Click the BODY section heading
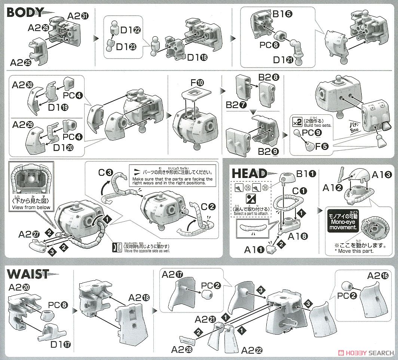pos(25,12)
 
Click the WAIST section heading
pos(28,274)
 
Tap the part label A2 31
pos(78,16)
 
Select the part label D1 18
pos(198,58)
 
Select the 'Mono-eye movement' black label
pos(343,221)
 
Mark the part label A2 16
pos(377,276)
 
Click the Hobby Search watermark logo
pos(365,353)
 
